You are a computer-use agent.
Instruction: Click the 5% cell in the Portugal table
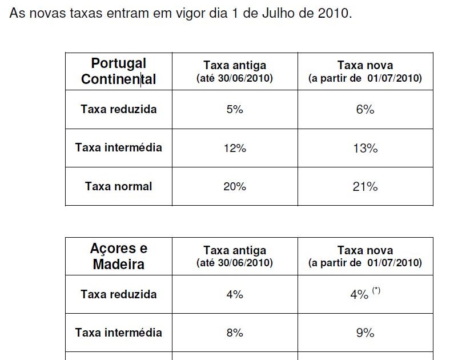coord(234,109)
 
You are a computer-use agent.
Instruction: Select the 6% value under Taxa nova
coord(365,109)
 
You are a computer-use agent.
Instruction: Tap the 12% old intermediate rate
coord(234,148)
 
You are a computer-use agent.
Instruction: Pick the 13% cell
coord(365,148)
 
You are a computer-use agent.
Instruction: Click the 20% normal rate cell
coord(234,186)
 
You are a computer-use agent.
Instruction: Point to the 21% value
coord(365,186)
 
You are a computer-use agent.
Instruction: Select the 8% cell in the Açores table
coord(234,333)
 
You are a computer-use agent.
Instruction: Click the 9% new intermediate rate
coord(365,333)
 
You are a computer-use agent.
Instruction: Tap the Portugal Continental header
coord(118,71)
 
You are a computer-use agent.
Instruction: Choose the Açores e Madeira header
coord(118,257)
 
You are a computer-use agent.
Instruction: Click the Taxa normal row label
coord(118,186)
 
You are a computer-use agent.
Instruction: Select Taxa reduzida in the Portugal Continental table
coord(118,109)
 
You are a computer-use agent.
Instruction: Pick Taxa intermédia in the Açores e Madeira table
coord(118,333)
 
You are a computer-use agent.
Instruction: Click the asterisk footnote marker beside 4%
coord(376,290)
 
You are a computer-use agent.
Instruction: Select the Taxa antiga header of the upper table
coord(234,65)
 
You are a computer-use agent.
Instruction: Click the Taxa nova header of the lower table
coord(365,250)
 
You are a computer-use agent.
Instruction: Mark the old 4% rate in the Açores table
coord(234,294)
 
